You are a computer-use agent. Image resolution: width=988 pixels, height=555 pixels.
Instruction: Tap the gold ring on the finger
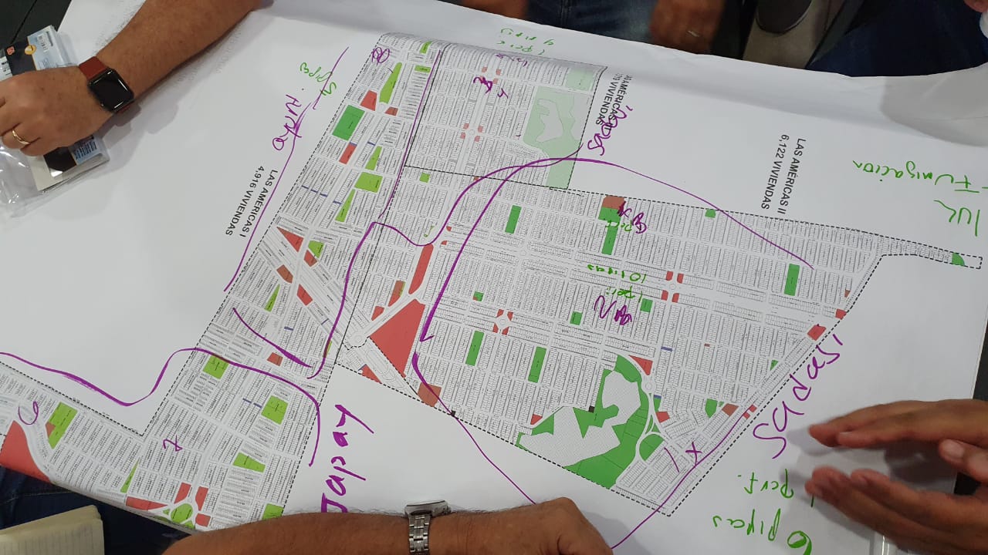pyautogui.click(x=19, y=137)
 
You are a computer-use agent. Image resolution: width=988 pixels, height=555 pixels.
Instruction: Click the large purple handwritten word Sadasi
pyautogui.click(x=795, y=401)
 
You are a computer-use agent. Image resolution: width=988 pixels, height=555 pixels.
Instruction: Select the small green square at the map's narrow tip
pyautogui.click(x=957, y=259)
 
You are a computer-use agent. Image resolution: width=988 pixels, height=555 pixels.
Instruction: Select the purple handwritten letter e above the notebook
pyautogui.click(x=31, y=414)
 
